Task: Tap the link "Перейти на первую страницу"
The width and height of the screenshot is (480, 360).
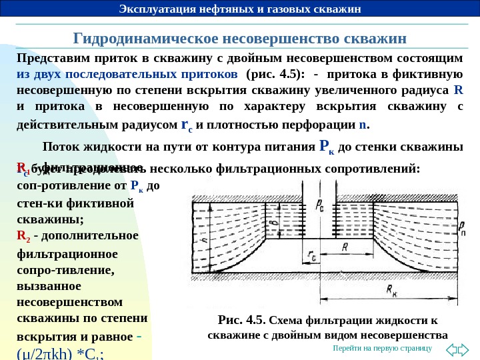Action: tap(383, 349)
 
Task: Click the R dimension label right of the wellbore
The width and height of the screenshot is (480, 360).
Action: tap(346, 246)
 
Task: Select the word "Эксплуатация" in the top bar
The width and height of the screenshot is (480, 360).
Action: tap(153, 9)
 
